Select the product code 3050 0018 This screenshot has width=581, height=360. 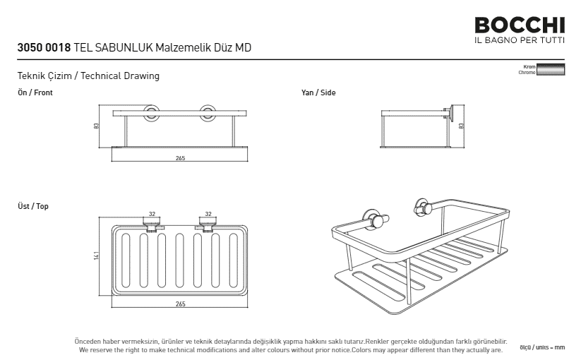click(x=44, y=47)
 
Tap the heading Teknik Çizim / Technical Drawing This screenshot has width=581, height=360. click(x=88, y=76)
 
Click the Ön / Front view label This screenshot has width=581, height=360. click(x=35, y=92)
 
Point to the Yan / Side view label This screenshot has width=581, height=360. click(x=318, y=92)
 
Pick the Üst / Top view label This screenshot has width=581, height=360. click(x=33, y=206)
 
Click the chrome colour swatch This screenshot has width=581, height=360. click(x=551, y=69)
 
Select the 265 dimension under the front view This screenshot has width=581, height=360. click(x=180, y=158)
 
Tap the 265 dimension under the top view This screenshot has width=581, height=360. click(x=180, y=304)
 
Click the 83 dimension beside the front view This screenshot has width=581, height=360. click(x=97, y=126)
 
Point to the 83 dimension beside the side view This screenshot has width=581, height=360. click(x=461, y=126)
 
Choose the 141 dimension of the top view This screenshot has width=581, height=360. click(x=97, y=256)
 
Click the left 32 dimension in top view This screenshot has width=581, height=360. click(x=152, y=214)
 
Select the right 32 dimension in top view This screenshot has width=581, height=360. click(x=208, y=214)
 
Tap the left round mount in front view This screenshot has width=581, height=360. click(x=152, y=113)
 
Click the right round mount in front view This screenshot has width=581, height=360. click(x=208, y=113)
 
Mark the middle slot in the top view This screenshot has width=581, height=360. click(x=180, y=260)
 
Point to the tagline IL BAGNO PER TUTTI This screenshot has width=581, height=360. click(x=520, y=40)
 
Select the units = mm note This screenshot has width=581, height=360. click(x=542, y=347)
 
